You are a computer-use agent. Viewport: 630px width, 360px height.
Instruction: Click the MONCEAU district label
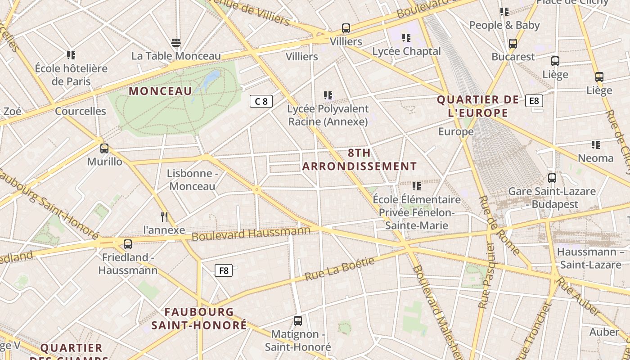tap(161, 91)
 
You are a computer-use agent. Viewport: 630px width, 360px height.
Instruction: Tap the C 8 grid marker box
tap(261, 101)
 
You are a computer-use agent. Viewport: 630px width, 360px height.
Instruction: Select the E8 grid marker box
tap(534, 101)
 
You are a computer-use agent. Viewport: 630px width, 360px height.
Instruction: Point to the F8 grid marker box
tap(224, 270)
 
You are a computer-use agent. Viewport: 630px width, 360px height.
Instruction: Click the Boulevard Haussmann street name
tap(251, 234)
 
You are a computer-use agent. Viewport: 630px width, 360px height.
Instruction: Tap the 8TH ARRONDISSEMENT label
tap(359, 160)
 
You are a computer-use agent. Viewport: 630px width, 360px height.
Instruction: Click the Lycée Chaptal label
tap(406, 51)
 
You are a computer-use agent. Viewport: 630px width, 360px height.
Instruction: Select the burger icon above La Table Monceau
tap(176, 43)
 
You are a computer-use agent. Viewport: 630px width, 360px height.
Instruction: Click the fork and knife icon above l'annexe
tap(164, 217)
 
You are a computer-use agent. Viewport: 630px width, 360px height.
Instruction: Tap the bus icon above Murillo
tap(104, 148)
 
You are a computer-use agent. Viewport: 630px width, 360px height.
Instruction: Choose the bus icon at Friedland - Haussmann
tap(128, 244)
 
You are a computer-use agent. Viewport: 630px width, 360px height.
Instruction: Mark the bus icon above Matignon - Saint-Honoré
tap(298, 321)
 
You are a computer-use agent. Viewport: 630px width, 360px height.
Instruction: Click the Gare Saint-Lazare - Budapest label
tap(552, 198)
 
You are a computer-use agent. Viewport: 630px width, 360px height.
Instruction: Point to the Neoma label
tap(595, 158)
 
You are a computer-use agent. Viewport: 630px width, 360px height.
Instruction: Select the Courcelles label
tap(81, 111)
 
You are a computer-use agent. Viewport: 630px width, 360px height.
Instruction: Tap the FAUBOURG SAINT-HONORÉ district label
tap(199, 318)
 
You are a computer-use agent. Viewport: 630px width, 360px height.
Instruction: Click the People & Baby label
tap(504, 25)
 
